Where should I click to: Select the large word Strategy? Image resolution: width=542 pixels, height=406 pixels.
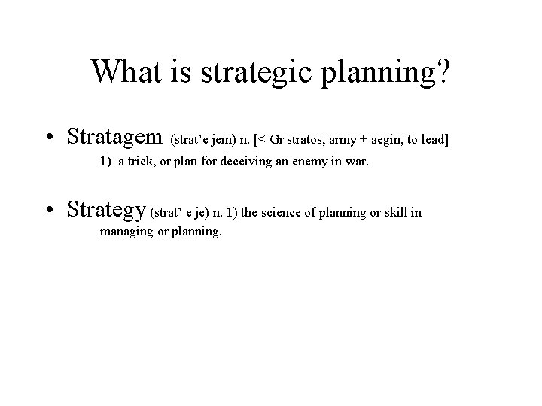pyautogui.click(x=107, y=211)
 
